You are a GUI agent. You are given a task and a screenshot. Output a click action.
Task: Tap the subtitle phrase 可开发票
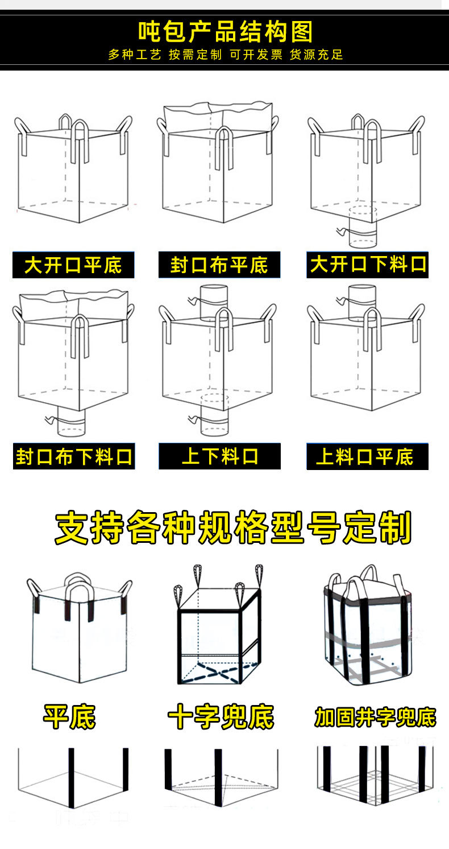pos(255,55)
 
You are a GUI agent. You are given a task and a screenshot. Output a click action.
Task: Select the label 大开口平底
pos(73,265)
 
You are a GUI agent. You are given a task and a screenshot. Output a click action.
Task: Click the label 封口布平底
pos(219,265)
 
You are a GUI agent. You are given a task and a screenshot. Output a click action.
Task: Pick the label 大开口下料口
pos(368,265)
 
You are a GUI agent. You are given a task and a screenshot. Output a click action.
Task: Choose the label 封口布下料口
pos(74,456)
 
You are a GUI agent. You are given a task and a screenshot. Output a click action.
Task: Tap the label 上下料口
pos(219,456)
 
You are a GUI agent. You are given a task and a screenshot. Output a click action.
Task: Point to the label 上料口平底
pos(367,456)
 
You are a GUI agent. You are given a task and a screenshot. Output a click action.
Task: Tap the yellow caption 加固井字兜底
pos(375,717)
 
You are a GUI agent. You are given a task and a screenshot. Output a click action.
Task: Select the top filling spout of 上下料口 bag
pos(214,302)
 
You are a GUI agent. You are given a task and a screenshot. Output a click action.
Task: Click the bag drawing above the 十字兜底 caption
pos(218,626)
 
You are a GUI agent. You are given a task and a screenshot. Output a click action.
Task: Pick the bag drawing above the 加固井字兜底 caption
pos(367,626)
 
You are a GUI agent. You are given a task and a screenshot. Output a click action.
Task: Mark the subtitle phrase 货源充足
pos(317,55)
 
